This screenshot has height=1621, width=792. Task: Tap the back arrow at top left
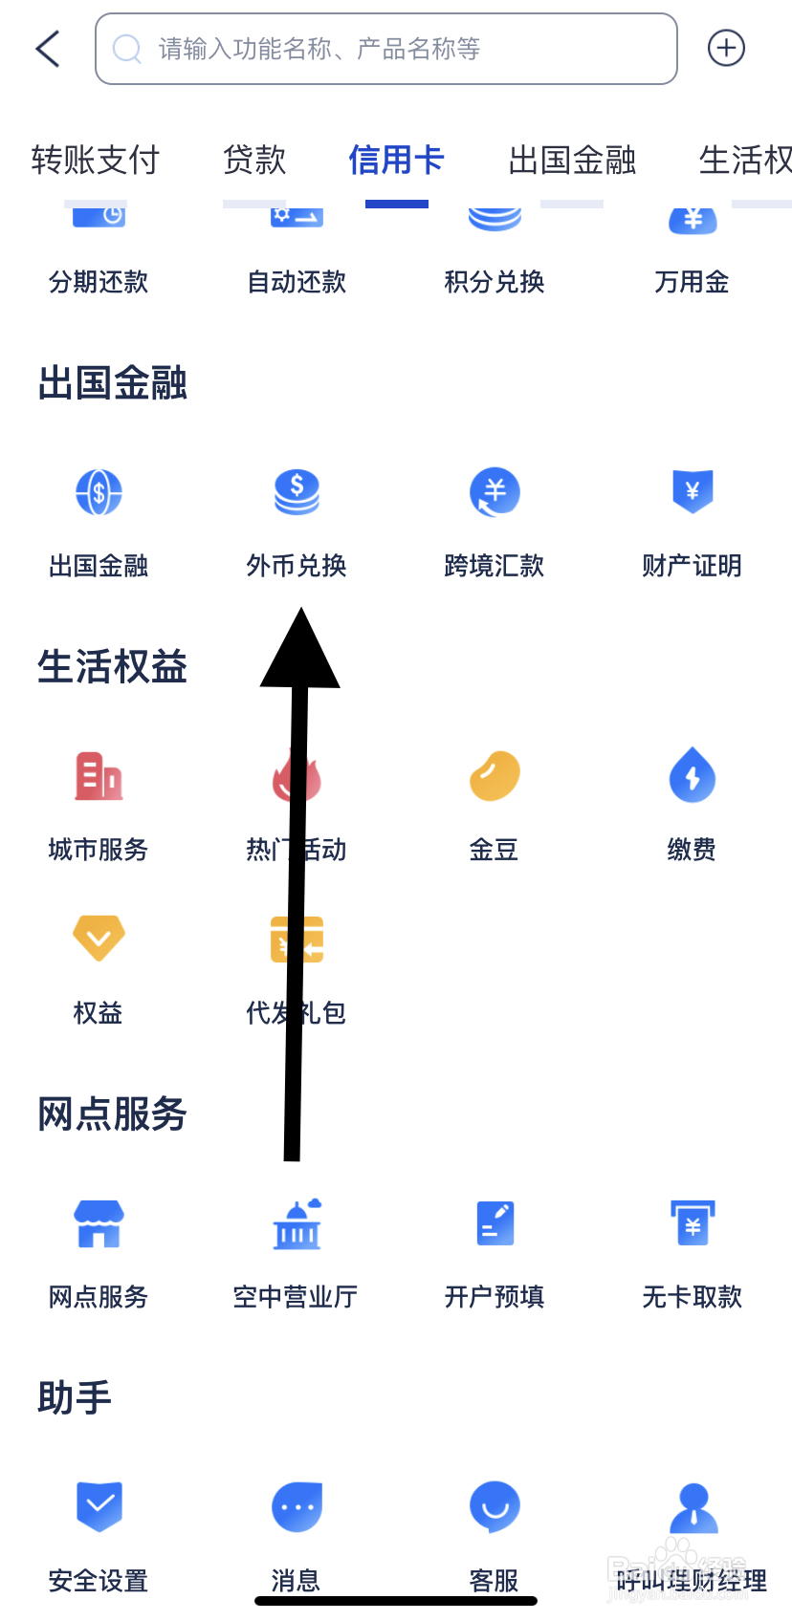[x=48, y=49]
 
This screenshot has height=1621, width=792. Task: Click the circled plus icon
[x=726, y=48]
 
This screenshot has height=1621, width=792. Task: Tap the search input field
[x=385, y=49]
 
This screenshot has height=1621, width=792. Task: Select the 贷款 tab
[x=254, y=160]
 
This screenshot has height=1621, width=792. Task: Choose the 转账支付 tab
[x=96, y=160]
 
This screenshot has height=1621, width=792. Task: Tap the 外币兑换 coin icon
[x=297, y=492]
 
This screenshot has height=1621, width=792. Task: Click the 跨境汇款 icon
[x=495, y=492]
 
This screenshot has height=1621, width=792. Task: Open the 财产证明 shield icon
[x=693, y=492]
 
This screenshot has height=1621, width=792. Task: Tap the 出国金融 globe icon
[x=99, y=492]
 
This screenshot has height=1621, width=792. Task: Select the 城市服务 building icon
[x=99, y=775]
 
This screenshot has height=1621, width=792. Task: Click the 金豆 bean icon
[x=495, y=775]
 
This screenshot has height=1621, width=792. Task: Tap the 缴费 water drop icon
[x=693, y=775]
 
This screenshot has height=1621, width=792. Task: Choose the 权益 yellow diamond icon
[x=99, y=938]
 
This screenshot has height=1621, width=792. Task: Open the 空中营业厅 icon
[x=297, y=1224]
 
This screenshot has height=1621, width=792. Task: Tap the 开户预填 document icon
[x=495, y=1224]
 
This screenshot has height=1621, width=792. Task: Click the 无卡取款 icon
[x=693, y=1224]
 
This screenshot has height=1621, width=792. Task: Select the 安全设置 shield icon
[x=99, y=1506]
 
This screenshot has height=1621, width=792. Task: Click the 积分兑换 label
[x=495, y=282]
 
